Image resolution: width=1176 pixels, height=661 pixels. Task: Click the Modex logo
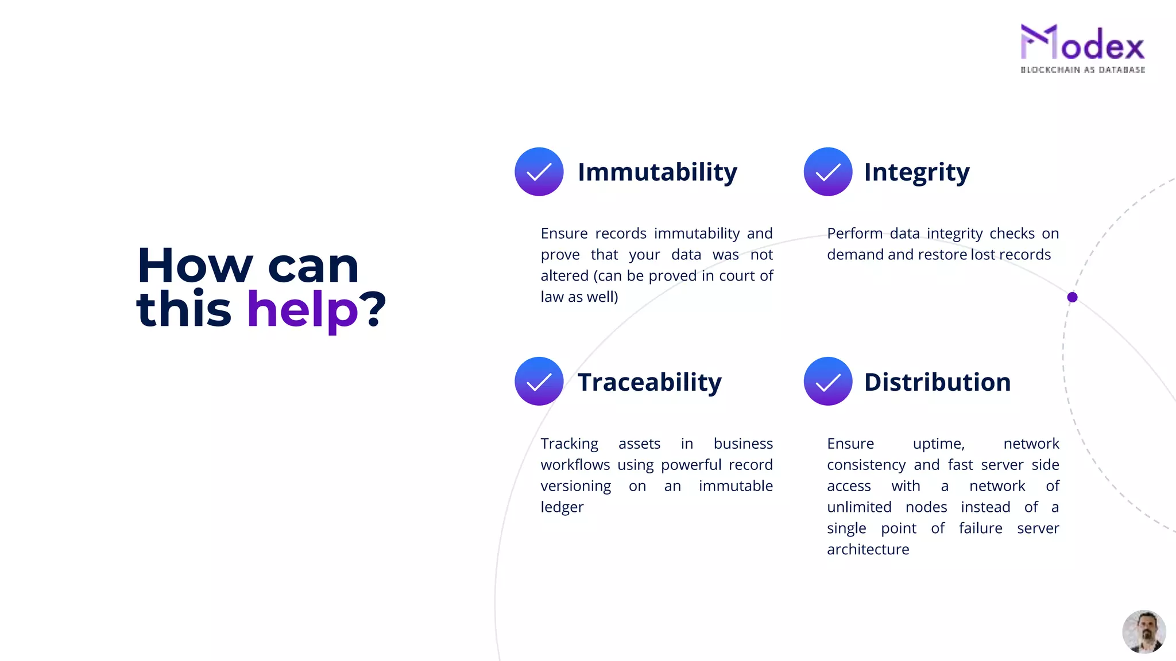[1082, 44]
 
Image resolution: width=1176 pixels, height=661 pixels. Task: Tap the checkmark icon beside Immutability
[539, 172]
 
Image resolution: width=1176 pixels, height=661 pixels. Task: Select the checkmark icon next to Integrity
[827, 172]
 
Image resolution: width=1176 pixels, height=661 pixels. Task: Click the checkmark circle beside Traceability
[539, 382]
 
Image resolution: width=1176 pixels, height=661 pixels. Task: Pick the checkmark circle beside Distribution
[827, 382]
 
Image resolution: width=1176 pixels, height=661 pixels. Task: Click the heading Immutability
[657, 172]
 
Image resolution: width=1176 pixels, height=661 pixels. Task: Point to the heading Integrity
[916, 172]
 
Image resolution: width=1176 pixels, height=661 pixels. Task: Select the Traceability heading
[649, 382]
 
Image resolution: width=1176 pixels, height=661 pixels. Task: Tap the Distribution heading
[937, 382]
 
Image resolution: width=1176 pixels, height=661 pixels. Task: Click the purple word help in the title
[302, 310]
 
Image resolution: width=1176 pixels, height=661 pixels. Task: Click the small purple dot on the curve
[1072, 297]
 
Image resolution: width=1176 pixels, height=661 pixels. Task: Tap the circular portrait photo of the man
[1143, 631]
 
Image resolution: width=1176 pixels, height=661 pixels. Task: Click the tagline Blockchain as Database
[1082, 70]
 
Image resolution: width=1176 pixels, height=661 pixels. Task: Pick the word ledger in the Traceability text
[562, 507]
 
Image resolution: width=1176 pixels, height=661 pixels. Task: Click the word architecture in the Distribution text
[868, 550]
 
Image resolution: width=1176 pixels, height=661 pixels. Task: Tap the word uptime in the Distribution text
[938, 444]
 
